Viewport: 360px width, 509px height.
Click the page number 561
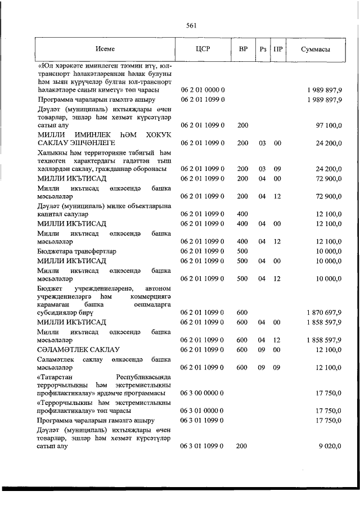pyautogui.click(x=190, y=25)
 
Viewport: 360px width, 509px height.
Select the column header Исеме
pyautogui.click(x=105, y=49)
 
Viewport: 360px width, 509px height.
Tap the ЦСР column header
pyautogui.click(x=202, y=49)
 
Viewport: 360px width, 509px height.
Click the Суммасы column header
pyautogui.click(x=316, y=49)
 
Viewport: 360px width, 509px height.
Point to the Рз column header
pyautogui.click(x=262, y=49)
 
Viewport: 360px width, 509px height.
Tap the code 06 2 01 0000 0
pyautogui.click(x=203, y=90)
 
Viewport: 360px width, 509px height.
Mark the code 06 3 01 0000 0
pyautogui.click(x=203, y=411)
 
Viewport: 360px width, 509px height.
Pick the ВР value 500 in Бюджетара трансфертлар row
pyautogui.click(x=242, y=251)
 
